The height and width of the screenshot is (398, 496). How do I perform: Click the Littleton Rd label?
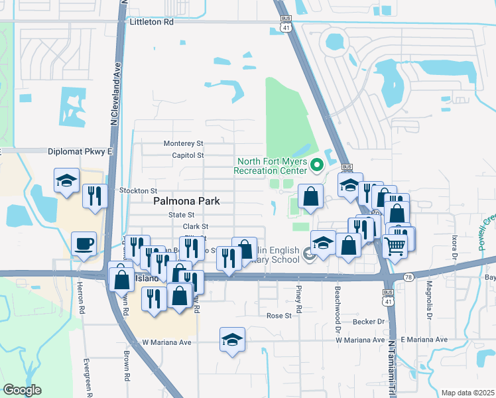click(150, 22)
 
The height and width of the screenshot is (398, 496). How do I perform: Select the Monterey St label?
click(184, 143)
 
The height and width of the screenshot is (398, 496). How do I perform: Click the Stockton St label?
click(138, 190)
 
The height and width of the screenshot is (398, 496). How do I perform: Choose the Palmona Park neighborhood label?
click(186, 201)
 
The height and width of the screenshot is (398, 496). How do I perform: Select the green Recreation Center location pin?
click(316, 163)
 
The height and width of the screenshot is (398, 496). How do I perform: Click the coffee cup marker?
click(84, 243)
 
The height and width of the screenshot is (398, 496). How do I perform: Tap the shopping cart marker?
click(395, 247)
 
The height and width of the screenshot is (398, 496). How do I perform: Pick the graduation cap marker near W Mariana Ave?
click(232, 340)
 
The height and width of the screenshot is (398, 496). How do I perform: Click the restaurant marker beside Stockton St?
click(95, 196)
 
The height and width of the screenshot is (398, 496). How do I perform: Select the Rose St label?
click(279, 316)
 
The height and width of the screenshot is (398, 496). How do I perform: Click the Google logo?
click(22, 390)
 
